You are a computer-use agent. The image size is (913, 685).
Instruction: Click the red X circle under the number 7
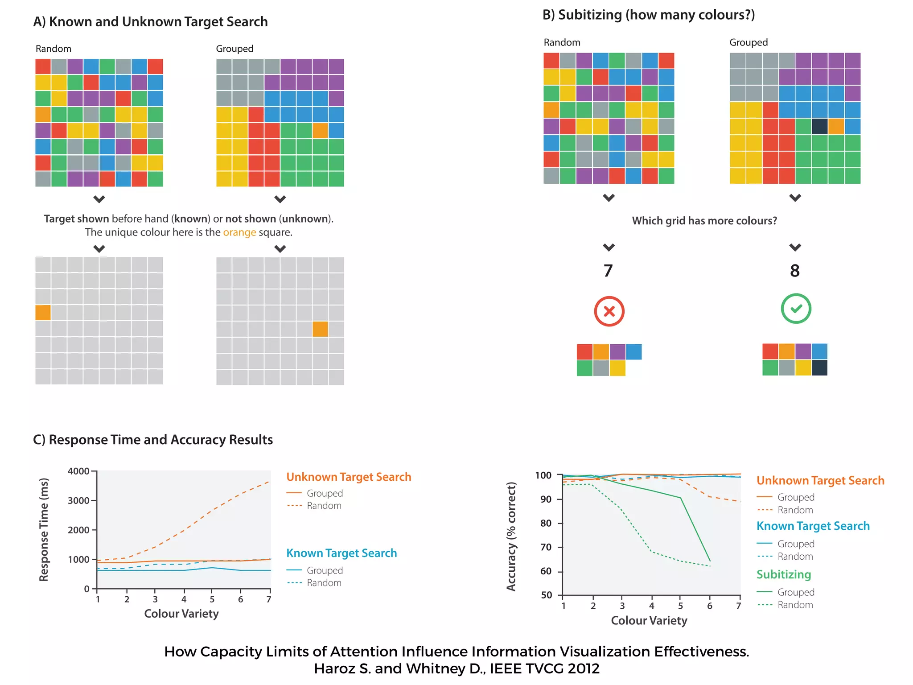[609, 311]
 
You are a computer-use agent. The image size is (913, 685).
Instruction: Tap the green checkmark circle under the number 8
[796, 309]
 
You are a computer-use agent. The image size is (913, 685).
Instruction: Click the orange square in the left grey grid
[43, 313]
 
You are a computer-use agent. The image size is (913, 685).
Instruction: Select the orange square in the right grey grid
[320, 329]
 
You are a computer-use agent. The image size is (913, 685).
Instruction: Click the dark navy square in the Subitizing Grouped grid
[819, 126]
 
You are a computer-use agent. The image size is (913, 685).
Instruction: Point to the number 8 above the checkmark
[795, 271]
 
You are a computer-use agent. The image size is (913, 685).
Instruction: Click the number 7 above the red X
[608, 271]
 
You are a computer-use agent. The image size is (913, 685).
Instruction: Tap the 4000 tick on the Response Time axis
[78, 471]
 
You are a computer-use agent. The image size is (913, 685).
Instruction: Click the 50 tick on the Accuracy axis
[546, 595]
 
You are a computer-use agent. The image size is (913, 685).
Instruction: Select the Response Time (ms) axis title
[44, 530]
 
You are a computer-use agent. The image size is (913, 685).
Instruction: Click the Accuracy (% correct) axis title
[511, 536]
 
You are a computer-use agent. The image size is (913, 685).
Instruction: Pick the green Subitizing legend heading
[783, 574]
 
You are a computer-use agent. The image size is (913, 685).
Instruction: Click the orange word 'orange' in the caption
[239, 232]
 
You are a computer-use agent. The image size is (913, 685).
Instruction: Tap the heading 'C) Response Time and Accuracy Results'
[153, 440]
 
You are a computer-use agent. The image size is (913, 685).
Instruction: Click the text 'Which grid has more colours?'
[704, 221]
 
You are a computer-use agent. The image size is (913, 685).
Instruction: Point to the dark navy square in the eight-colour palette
[819, 368]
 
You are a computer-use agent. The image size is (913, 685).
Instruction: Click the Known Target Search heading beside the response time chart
[341, 553]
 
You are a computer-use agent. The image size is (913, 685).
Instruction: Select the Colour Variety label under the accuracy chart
[649, 620]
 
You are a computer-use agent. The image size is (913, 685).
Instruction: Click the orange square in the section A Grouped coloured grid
[320, 131]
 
